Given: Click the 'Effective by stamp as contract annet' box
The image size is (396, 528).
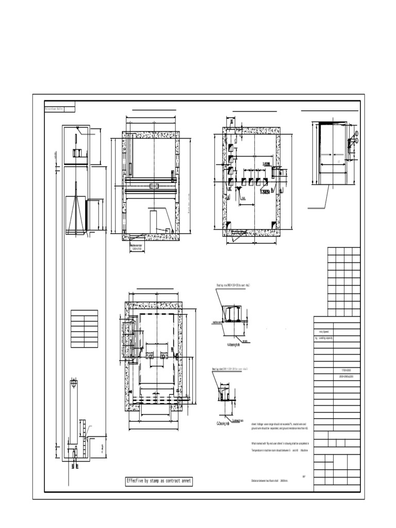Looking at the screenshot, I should click(x=159, y=482).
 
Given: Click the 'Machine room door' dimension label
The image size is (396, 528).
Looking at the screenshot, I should click(x=136, y=246).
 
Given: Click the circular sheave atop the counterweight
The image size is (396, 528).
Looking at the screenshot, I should click(x=75, y=383).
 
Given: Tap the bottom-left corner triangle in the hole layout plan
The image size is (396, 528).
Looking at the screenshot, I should click(x=228, y=224).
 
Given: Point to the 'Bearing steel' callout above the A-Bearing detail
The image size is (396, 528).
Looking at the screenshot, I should click(x=235, y=285).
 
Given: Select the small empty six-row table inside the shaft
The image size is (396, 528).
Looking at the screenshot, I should click(x=84, y=328).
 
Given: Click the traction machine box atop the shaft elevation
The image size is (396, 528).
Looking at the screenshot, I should click(x=77, y=152).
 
